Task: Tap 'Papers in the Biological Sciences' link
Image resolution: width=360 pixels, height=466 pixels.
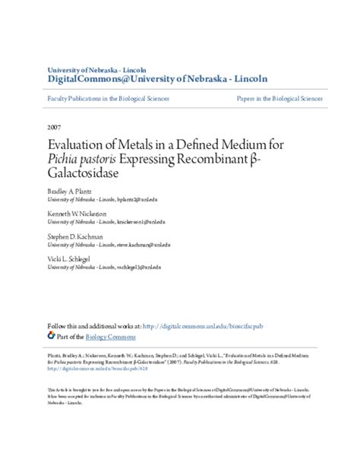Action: [x=279, y=99]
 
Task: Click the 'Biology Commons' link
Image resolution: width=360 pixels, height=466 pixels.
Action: [x=111, y=336]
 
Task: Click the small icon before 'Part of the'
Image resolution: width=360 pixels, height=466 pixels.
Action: [x=52, y=335]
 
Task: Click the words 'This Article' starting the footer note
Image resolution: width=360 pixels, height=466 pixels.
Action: [x=58, y=390]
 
